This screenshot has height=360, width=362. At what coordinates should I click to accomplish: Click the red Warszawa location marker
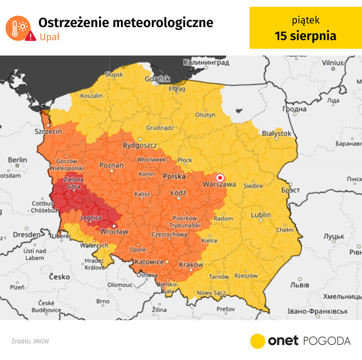point(219,177)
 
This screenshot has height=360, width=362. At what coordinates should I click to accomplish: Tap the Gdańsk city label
point(157,78)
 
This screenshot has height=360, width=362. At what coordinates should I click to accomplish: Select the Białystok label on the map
point(276,133)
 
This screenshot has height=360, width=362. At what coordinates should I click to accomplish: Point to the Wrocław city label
point(114,232)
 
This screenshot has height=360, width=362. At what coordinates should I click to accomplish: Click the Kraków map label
point(191,265)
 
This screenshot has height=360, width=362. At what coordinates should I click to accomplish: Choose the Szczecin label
point(48,131)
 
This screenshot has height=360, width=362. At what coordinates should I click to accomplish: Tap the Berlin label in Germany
point(17,160)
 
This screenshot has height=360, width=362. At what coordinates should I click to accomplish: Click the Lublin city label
point(261,215)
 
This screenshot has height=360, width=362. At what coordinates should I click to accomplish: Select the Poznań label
point(111,165)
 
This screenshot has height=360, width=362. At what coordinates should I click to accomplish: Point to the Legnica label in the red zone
point(90,219)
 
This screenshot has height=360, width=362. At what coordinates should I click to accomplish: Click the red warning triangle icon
point(31,37)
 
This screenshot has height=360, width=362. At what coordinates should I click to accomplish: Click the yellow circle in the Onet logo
point(258,341)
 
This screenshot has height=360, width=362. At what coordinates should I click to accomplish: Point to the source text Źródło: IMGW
point(30,341)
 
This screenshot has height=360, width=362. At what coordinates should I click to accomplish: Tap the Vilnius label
point(332,63)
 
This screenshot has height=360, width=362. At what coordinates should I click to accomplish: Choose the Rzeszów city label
point(246,276)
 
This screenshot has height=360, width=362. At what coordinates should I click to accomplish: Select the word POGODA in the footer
point(327,341)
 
